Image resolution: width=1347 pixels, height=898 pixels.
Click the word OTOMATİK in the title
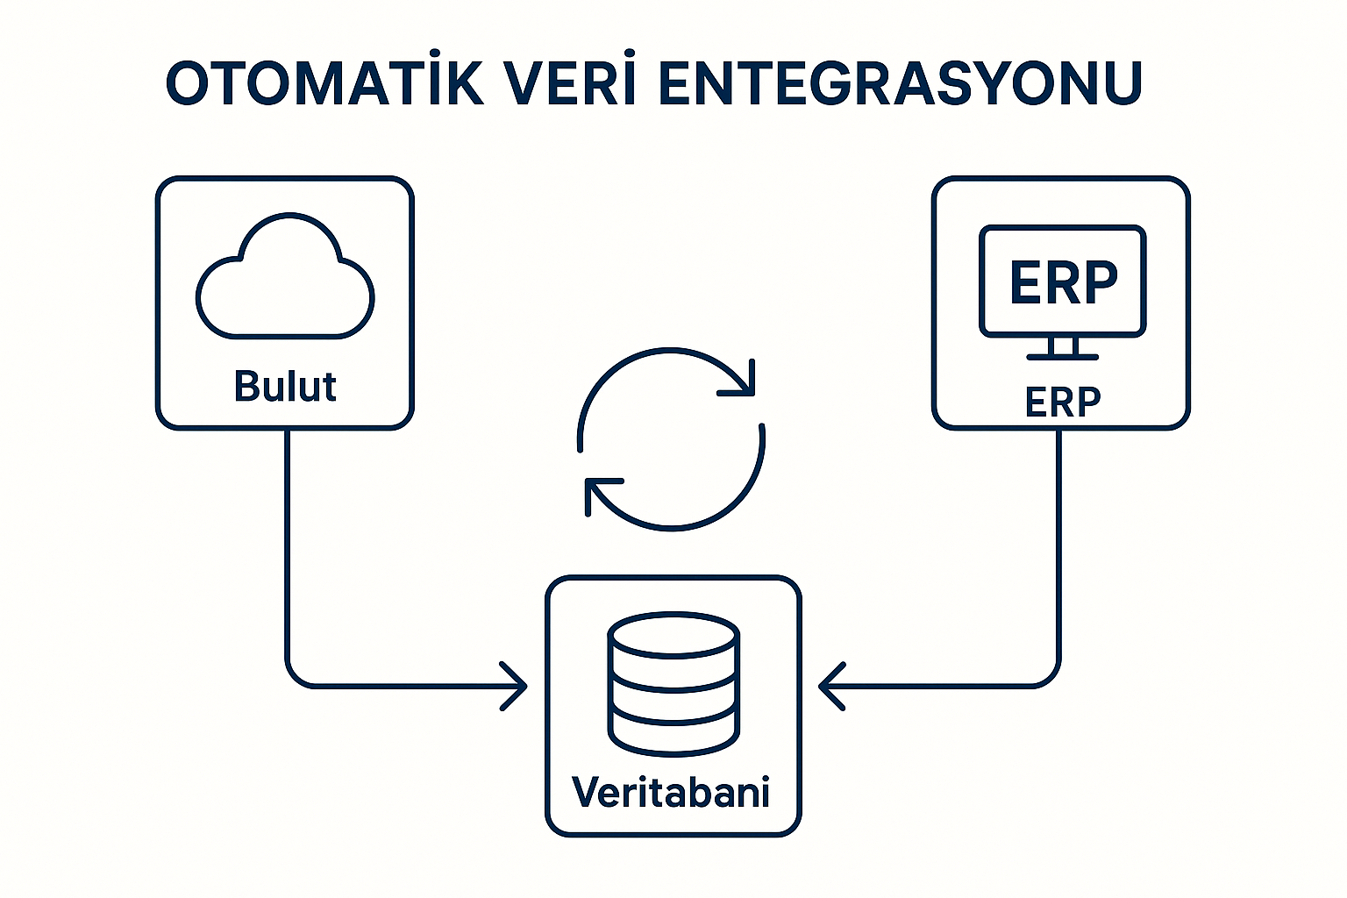pos(324,83)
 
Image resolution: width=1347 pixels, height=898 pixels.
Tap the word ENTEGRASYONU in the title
pos(899,83)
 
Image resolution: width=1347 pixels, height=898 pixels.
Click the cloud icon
pos(285,279)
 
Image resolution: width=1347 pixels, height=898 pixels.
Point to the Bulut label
pos(285,387)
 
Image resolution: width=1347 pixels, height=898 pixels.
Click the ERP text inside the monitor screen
pos(1063,282)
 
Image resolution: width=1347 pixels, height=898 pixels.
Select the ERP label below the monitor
pos(1062,403)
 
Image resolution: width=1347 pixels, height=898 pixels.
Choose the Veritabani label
pos(671,792)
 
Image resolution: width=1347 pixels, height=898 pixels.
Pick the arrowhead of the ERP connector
pos(829,686)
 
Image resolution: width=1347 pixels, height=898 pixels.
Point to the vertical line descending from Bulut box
pos(287,544)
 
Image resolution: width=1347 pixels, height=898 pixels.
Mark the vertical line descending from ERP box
pos(1058,544)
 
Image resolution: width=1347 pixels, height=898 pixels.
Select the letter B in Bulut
pos(246,387)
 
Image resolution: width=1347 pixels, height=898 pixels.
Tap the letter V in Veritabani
pos(587,792)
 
